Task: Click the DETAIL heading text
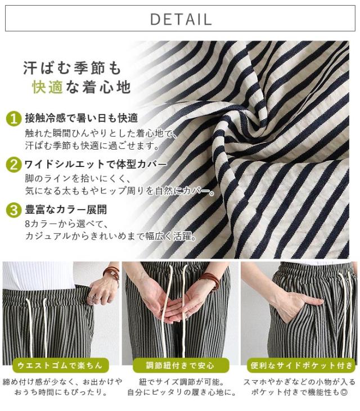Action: [x=181, y=19]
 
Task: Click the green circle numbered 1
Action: [x=13, y=119]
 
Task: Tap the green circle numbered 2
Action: [x=13, y=165]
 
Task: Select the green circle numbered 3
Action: [x=13, y=210]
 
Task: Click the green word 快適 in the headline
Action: [x=47, y=87]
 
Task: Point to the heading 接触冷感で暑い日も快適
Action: [x=82, y=118]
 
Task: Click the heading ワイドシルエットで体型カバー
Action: [x=96, y=164]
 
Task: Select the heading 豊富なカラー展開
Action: [x=66, y=210]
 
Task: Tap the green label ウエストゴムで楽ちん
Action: [x=60, y=365]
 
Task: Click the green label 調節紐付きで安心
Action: [x=181, y=365]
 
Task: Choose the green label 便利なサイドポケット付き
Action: [x=301, y=365]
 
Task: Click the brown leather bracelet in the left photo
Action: [x=111, y=272]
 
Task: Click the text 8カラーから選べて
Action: [x=66, y=224]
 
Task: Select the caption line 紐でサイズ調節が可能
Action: [x=181, y=382]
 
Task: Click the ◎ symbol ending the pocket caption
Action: [x=344, y=392]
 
